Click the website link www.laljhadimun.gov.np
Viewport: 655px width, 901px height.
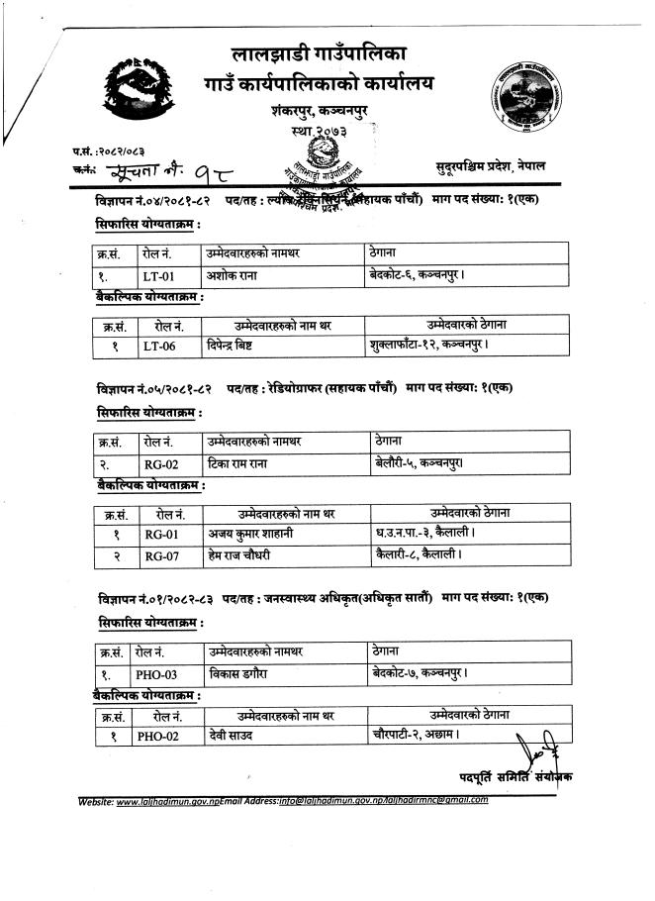[x=167, y=799]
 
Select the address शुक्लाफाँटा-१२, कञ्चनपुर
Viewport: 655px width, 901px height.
[x=427, y=345]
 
